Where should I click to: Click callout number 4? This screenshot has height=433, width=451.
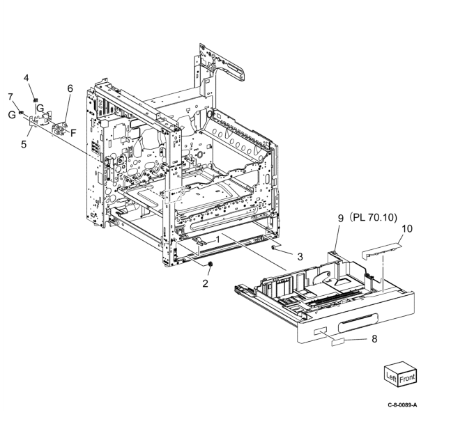coord(26,77)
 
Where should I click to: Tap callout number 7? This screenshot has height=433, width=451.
coord(10,95)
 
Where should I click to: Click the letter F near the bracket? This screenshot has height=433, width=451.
coord(73,130)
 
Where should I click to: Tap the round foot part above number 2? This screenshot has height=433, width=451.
coord(211,265)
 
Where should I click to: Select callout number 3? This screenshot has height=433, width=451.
coord(299,257)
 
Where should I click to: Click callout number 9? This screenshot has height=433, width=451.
coord(341,219)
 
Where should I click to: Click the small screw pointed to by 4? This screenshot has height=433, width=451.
coord(35,93)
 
